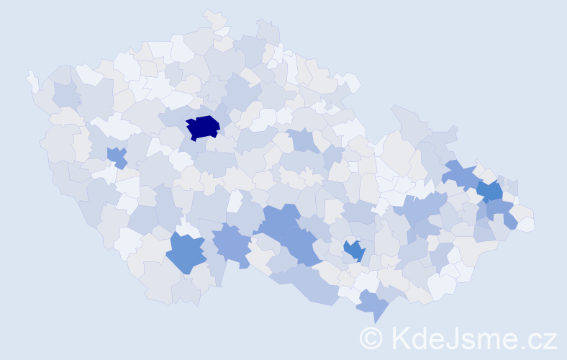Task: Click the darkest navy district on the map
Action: coord(202,127)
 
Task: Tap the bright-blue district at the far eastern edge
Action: coord(491,192)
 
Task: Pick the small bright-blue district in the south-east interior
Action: coord(354,250)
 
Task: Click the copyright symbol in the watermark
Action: coord(371,338)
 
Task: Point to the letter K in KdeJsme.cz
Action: coord(402,338)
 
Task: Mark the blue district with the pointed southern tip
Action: coord(373,304)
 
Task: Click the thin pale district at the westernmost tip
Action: coord(32,80)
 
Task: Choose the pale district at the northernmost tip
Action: coord(214,18)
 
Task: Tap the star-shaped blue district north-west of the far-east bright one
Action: coord(458,174)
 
